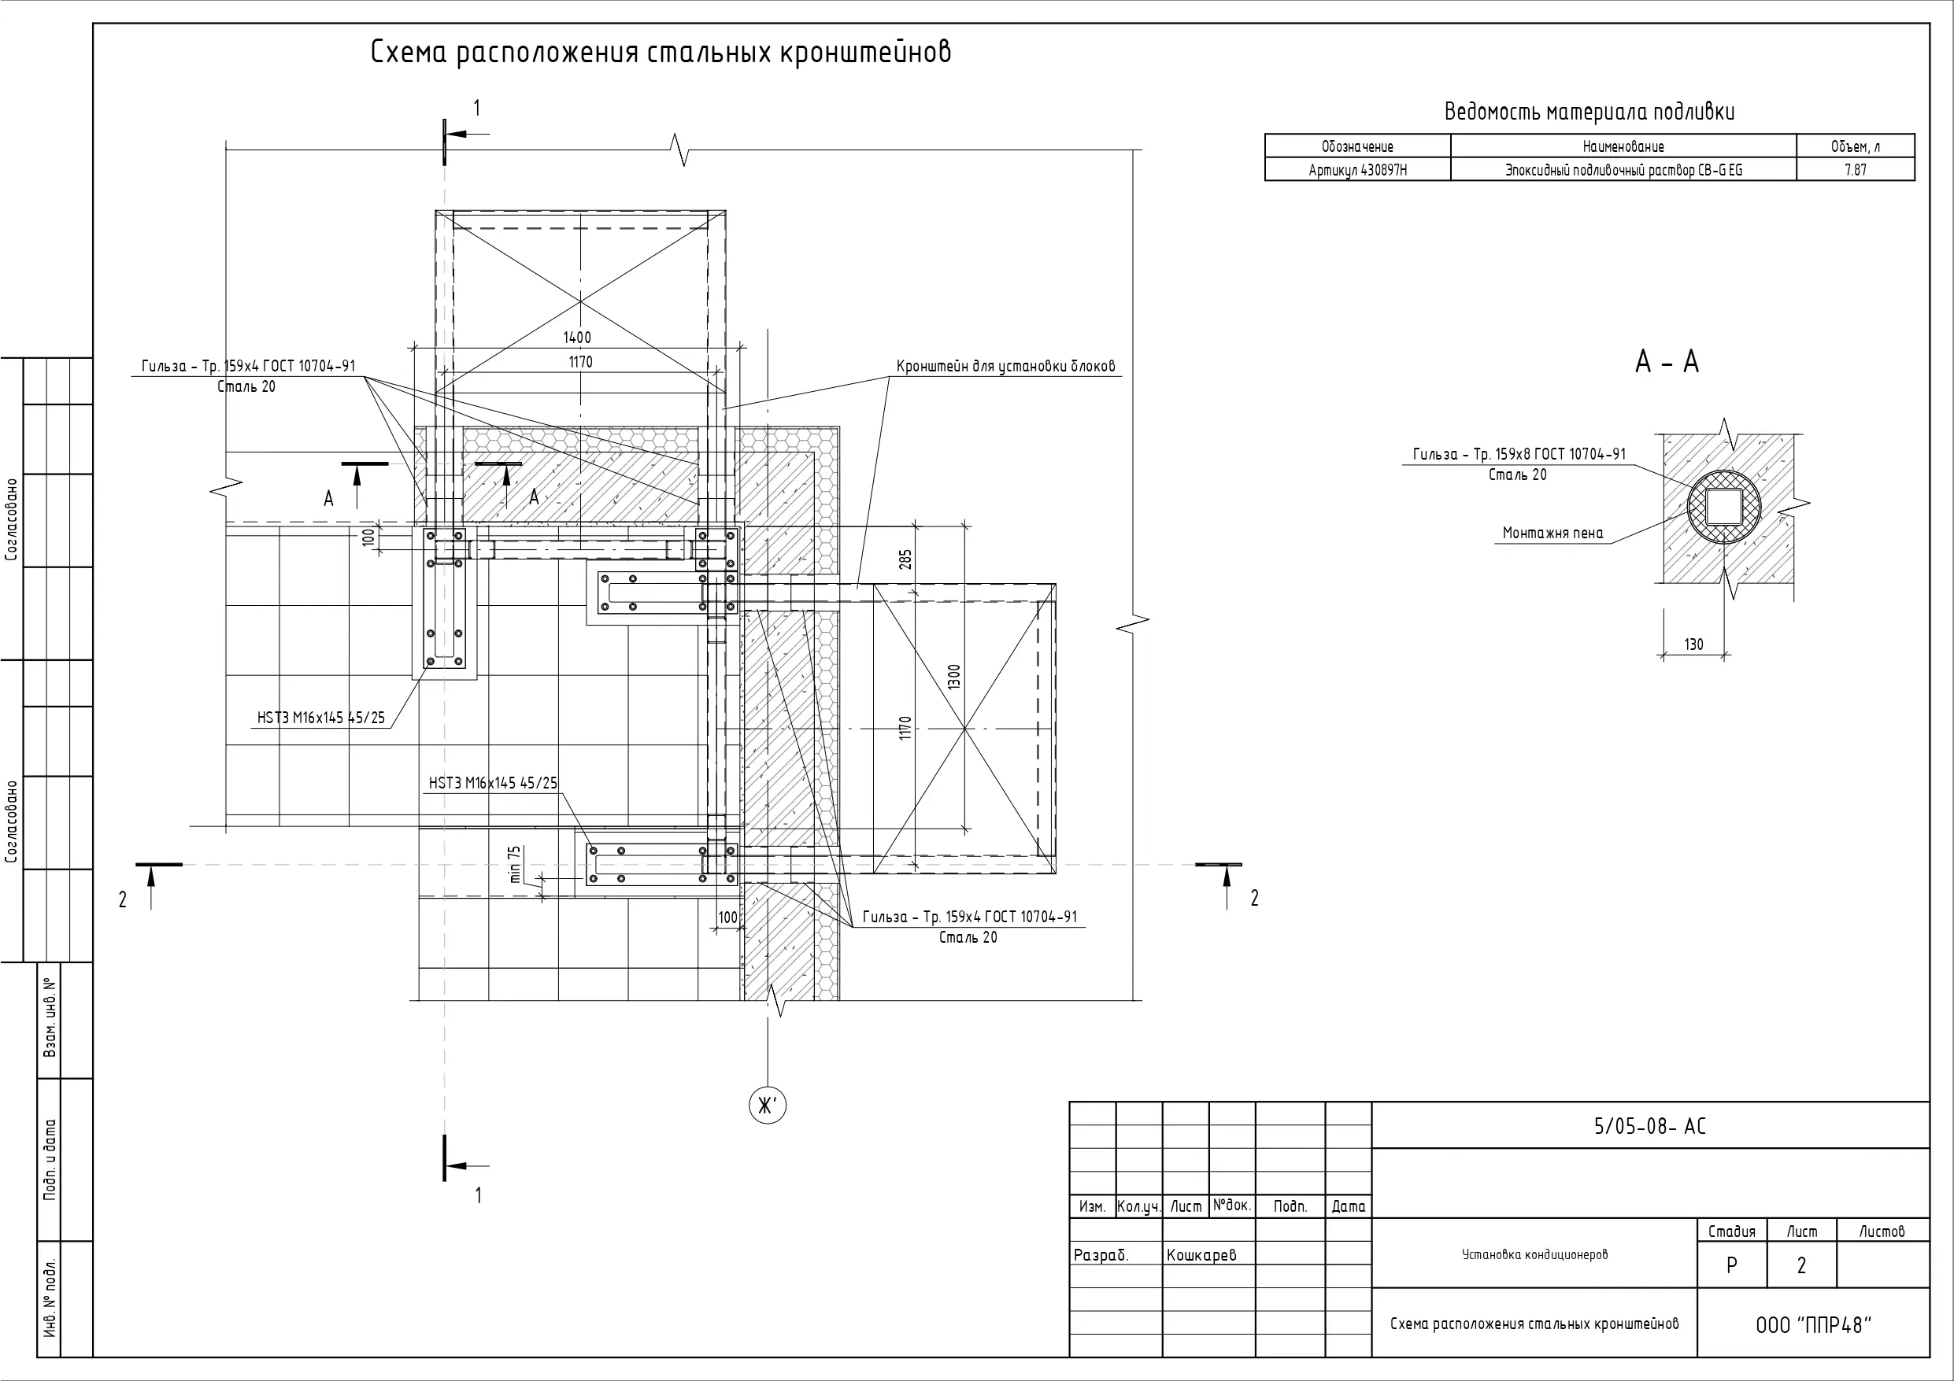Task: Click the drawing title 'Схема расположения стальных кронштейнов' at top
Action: (x=661, y=53)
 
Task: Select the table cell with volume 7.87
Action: (x=1856, y=169)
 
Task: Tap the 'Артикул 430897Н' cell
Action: (x=1357, y=170)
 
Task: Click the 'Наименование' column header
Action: (x=1623, y=146)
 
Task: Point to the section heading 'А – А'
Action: (x=1667, y=363)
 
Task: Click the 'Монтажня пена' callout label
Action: (x=1552, y=534)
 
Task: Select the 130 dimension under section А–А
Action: (x=1693, y=644)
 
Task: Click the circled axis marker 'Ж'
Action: (x=767, y=1106)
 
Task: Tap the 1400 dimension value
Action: (x=577, y=338)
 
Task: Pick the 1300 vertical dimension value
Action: (x=954, y=678)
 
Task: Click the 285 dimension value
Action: (x=905, y=559)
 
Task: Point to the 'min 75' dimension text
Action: (x=514, y=864)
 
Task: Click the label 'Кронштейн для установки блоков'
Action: (x=1005, y=367)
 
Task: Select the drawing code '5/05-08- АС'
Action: (x=1649, y=1127)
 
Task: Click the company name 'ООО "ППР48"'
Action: (x=1814, y=1326)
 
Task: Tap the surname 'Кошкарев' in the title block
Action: (x=1201, y=1255)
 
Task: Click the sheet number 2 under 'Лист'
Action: (x=1800, y=1265)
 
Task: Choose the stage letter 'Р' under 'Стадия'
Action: (x=1731, y=1265)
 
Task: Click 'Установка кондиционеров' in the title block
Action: (x=1534, y=1254)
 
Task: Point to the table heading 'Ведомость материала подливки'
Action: (x=1589, y=113)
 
